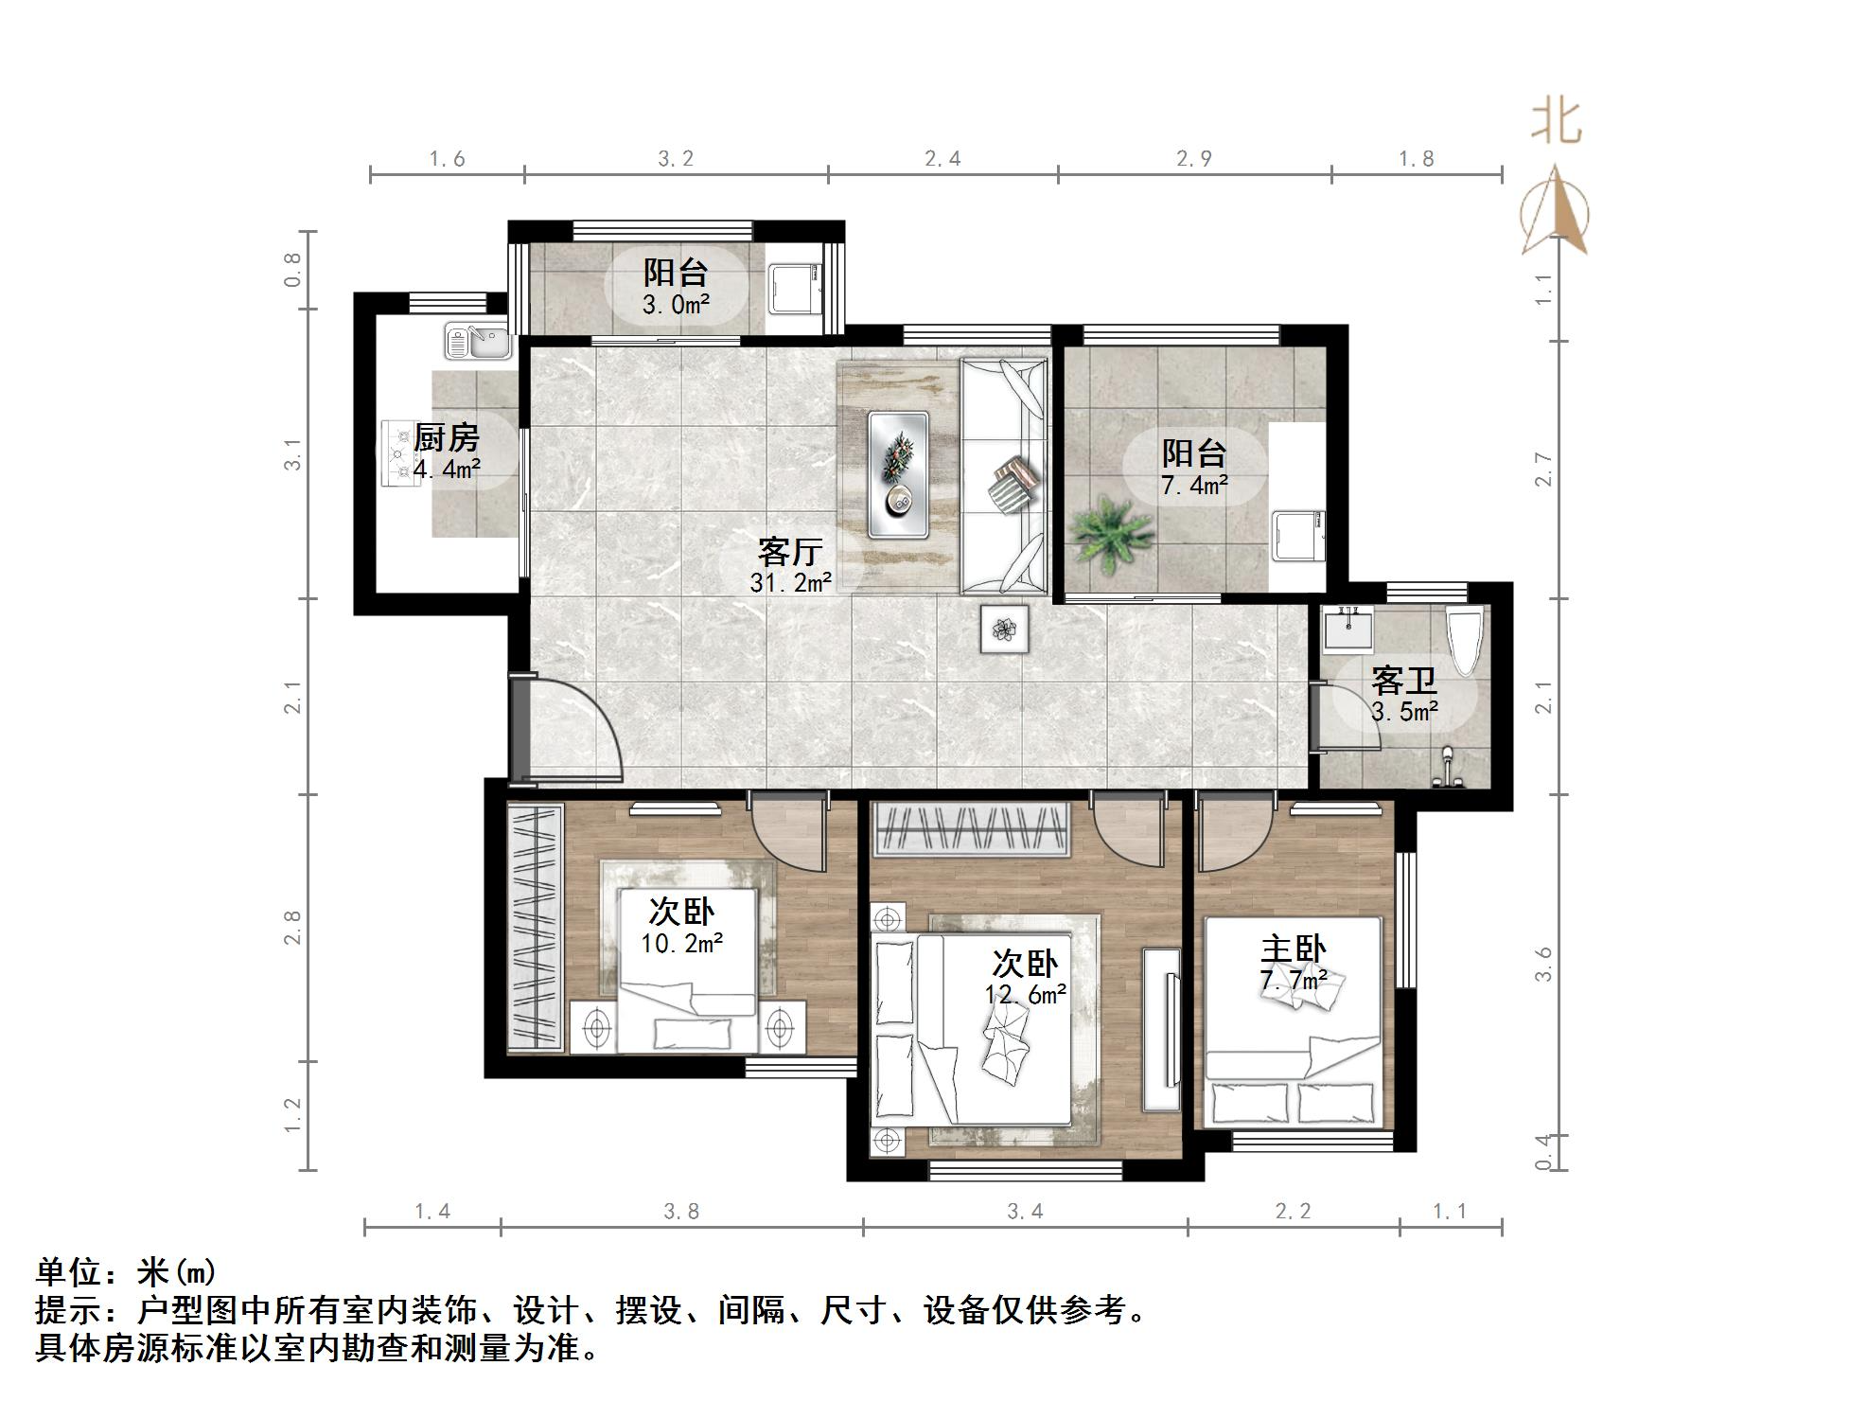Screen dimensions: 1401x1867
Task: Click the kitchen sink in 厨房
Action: [x=478, y=342]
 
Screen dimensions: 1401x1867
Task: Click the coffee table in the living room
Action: [x=898, y=474]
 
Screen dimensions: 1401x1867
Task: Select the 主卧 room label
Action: [x=1293, y=949]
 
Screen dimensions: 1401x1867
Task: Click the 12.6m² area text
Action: [x=1026, y=994]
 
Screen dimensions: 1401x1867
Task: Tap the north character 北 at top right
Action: [x=1556, y=122]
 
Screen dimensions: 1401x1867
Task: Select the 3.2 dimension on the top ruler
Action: [x=676, y=159]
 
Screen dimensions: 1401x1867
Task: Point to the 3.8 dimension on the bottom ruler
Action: [x=680, y=1211]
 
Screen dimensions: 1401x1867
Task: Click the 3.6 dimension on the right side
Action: [x=1543, y=964]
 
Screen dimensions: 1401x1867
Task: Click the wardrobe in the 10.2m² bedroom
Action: [x=534, y=927]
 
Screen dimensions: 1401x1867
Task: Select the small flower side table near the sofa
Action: [x=1003, y=628]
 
